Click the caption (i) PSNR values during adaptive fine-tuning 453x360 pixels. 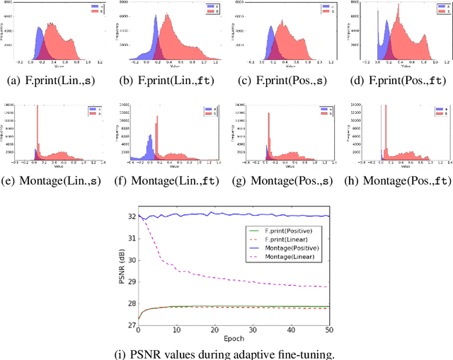coord(226,352)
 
